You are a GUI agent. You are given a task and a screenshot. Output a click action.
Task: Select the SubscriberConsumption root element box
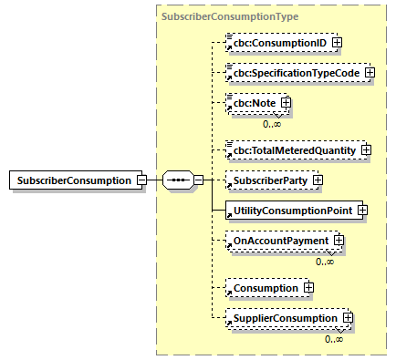click(72, 180)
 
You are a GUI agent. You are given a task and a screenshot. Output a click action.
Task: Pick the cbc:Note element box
click(253, 104)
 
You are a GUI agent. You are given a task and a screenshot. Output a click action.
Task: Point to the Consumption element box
click(264, 288)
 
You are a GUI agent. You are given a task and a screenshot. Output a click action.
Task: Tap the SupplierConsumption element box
click(284, 318)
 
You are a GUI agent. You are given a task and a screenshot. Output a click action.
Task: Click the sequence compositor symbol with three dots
click(176, 180)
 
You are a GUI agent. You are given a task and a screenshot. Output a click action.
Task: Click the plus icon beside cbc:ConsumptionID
click(311, 42)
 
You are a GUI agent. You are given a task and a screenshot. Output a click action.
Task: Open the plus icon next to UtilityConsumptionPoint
click(362, 211)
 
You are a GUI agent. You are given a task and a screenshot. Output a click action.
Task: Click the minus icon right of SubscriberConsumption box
click(141, 180)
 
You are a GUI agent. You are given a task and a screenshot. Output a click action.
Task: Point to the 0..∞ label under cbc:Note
click(272, 123)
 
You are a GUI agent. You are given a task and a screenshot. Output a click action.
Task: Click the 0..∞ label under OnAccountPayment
click(324, 261)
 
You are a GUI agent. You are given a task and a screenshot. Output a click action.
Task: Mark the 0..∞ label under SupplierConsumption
click(334, 338)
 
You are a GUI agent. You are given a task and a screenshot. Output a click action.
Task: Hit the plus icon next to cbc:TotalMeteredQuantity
click(366, 149)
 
